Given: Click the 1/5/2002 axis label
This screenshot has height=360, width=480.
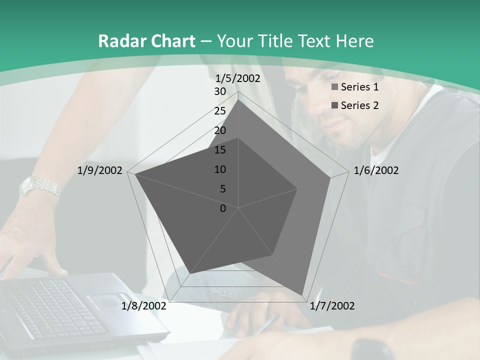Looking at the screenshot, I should (237, 78).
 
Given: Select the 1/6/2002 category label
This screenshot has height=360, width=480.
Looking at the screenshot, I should (376, 170).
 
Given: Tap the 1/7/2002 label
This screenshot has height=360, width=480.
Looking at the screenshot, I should (332, 306).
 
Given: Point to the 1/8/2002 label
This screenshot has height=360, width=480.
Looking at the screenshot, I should (144, 306).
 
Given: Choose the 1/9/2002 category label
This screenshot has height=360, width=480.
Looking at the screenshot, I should (99, 170).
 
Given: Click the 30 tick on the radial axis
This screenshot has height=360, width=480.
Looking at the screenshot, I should (220, 91).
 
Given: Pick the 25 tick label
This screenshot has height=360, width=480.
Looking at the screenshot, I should (220, 111).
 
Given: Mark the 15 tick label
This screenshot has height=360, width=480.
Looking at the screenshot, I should (220, 150).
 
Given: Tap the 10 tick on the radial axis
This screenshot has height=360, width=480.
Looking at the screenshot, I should (220, 169).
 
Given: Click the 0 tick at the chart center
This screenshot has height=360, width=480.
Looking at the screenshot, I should (223, 208).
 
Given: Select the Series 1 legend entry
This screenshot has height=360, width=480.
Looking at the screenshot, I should (355, 87).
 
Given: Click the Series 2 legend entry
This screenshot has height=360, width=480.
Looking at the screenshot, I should (355, 105).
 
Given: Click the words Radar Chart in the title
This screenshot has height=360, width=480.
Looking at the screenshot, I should (146, 41).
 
